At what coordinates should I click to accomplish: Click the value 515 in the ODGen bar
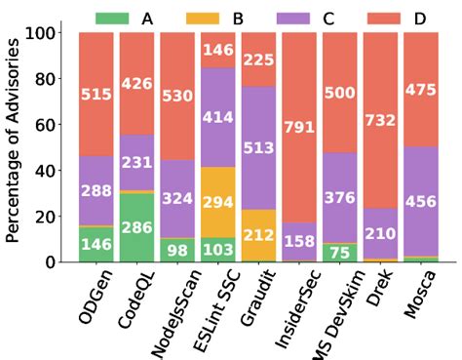point(96,94)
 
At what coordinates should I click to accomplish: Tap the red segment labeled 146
point(217,50)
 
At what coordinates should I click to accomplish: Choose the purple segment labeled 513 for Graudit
point(257,148)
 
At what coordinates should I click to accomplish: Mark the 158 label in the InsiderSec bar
point(298,242)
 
